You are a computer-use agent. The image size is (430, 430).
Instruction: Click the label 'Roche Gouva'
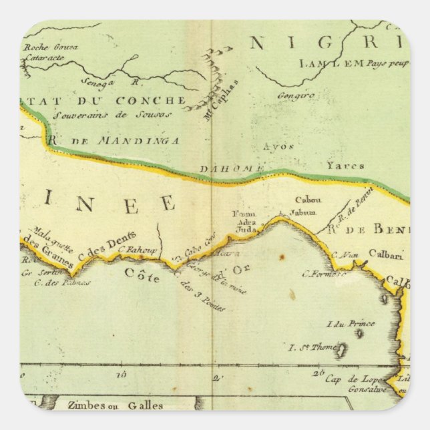tap(50, 47)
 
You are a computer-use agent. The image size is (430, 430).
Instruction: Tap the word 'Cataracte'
tap(43, 57)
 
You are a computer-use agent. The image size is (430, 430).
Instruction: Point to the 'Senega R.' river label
tap(113, 82)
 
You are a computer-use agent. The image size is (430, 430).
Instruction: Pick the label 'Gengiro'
tap(294, 96)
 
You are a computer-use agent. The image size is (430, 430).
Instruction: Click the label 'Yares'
tap(345, 165)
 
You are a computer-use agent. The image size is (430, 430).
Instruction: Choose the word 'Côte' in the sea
tap(142, 275)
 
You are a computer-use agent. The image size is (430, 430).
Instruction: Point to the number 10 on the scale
tap(121, 375)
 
